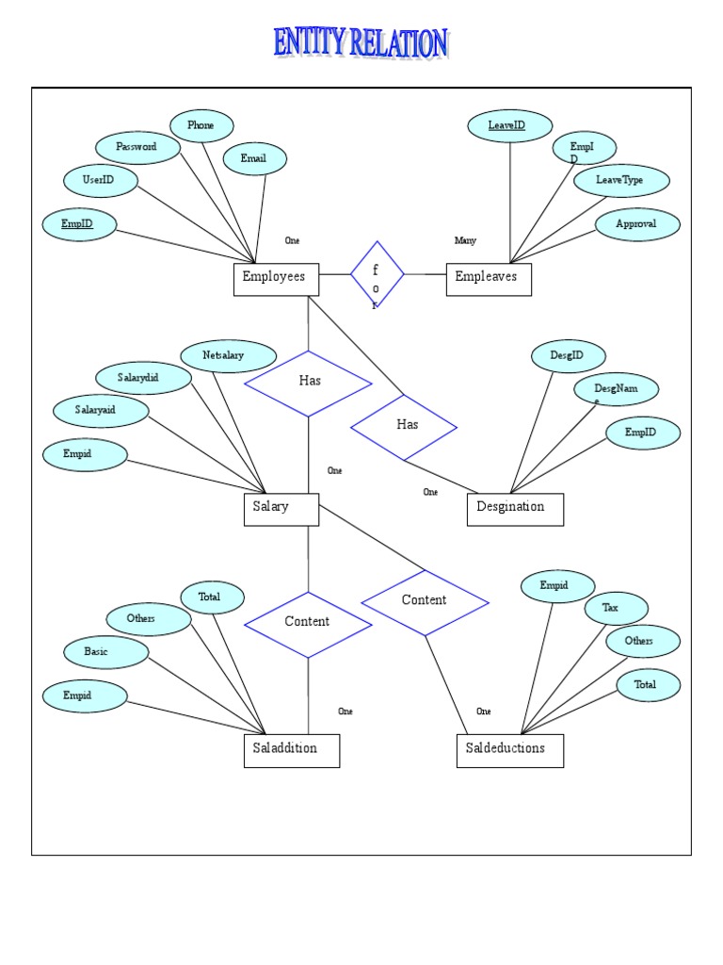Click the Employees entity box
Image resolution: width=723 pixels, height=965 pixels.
click(x=276, y=279)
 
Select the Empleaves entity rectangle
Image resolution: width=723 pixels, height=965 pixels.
click(x=488, y=279)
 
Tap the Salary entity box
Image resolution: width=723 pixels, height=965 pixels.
click(x=281, y=509)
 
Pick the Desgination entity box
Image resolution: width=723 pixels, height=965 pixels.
click(x=515, y=509)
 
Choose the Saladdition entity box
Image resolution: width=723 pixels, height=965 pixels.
click(x=291, y=750)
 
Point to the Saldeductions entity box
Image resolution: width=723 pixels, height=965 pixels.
click(x=509, y=750)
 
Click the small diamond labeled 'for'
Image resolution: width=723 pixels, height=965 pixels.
click(x=377, y=274)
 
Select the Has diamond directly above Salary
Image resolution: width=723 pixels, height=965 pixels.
click(x=308, y=383)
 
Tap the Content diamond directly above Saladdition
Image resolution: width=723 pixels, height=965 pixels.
click(x=308, y=624)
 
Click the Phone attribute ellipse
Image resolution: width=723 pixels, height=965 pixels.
click(x=201, y=125)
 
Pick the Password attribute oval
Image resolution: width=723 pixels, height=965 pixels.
click(x=137, y=148)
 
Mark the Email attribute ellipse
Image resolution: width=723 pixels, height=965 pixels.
click(x=254, y=159)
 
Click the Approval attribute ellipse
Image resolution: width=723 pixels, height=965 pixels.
click(x=637, y=225)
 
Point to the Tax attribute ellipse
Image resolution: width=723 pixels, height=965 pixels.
click(x=612, y=609)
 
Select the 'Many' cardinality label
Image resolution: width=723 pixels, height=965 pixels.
click(x=465, y=241)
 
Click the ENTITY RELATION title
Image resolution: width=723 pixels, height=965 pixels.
click(x=361, y=43)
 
